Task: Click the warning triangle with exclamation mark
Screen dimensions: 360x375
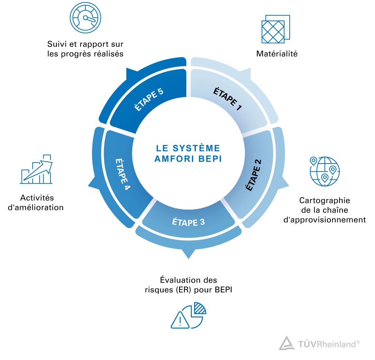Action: (x=180, y=320)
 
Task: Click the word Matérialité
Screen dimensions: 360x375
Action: (x=277, y=54)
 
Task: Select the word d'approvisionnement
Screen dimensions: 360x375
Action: (x=324, y=220)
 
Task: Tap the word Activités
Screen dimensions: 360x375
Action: (x=37, y=198)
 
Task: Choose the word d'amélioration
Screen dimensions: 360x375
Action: (x=37, y=207)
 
